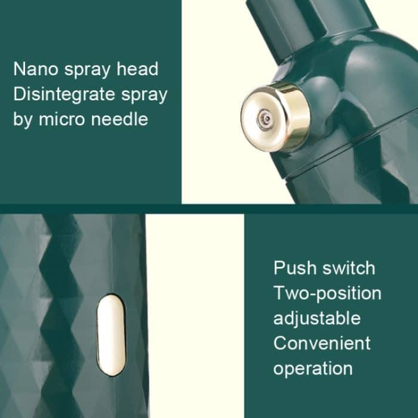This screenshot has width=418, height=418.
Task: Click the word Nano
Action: [35, 69]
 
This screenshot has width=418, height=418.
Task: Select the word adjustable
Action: [316, 318]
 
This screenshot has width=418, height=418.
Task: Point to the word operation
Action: [313, 368]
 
